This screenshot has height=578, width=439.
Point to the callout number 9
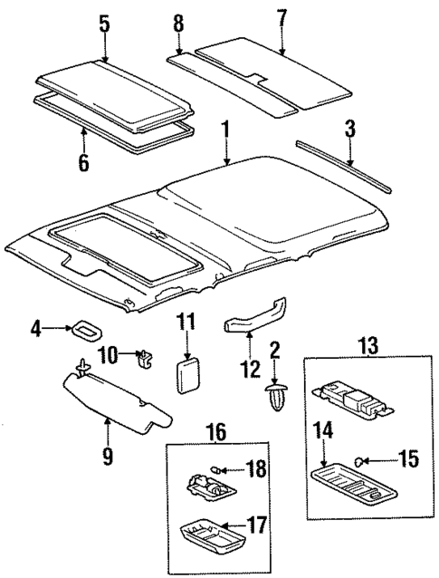point(107,457)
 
